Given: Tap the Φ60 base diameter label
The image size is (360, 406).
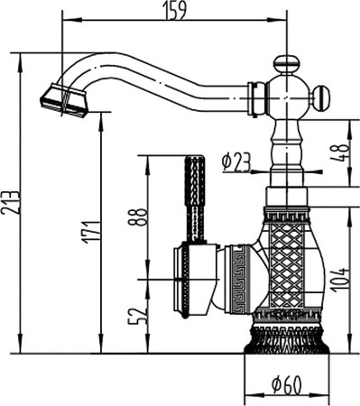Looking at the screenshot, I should [x=287, y=387].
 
